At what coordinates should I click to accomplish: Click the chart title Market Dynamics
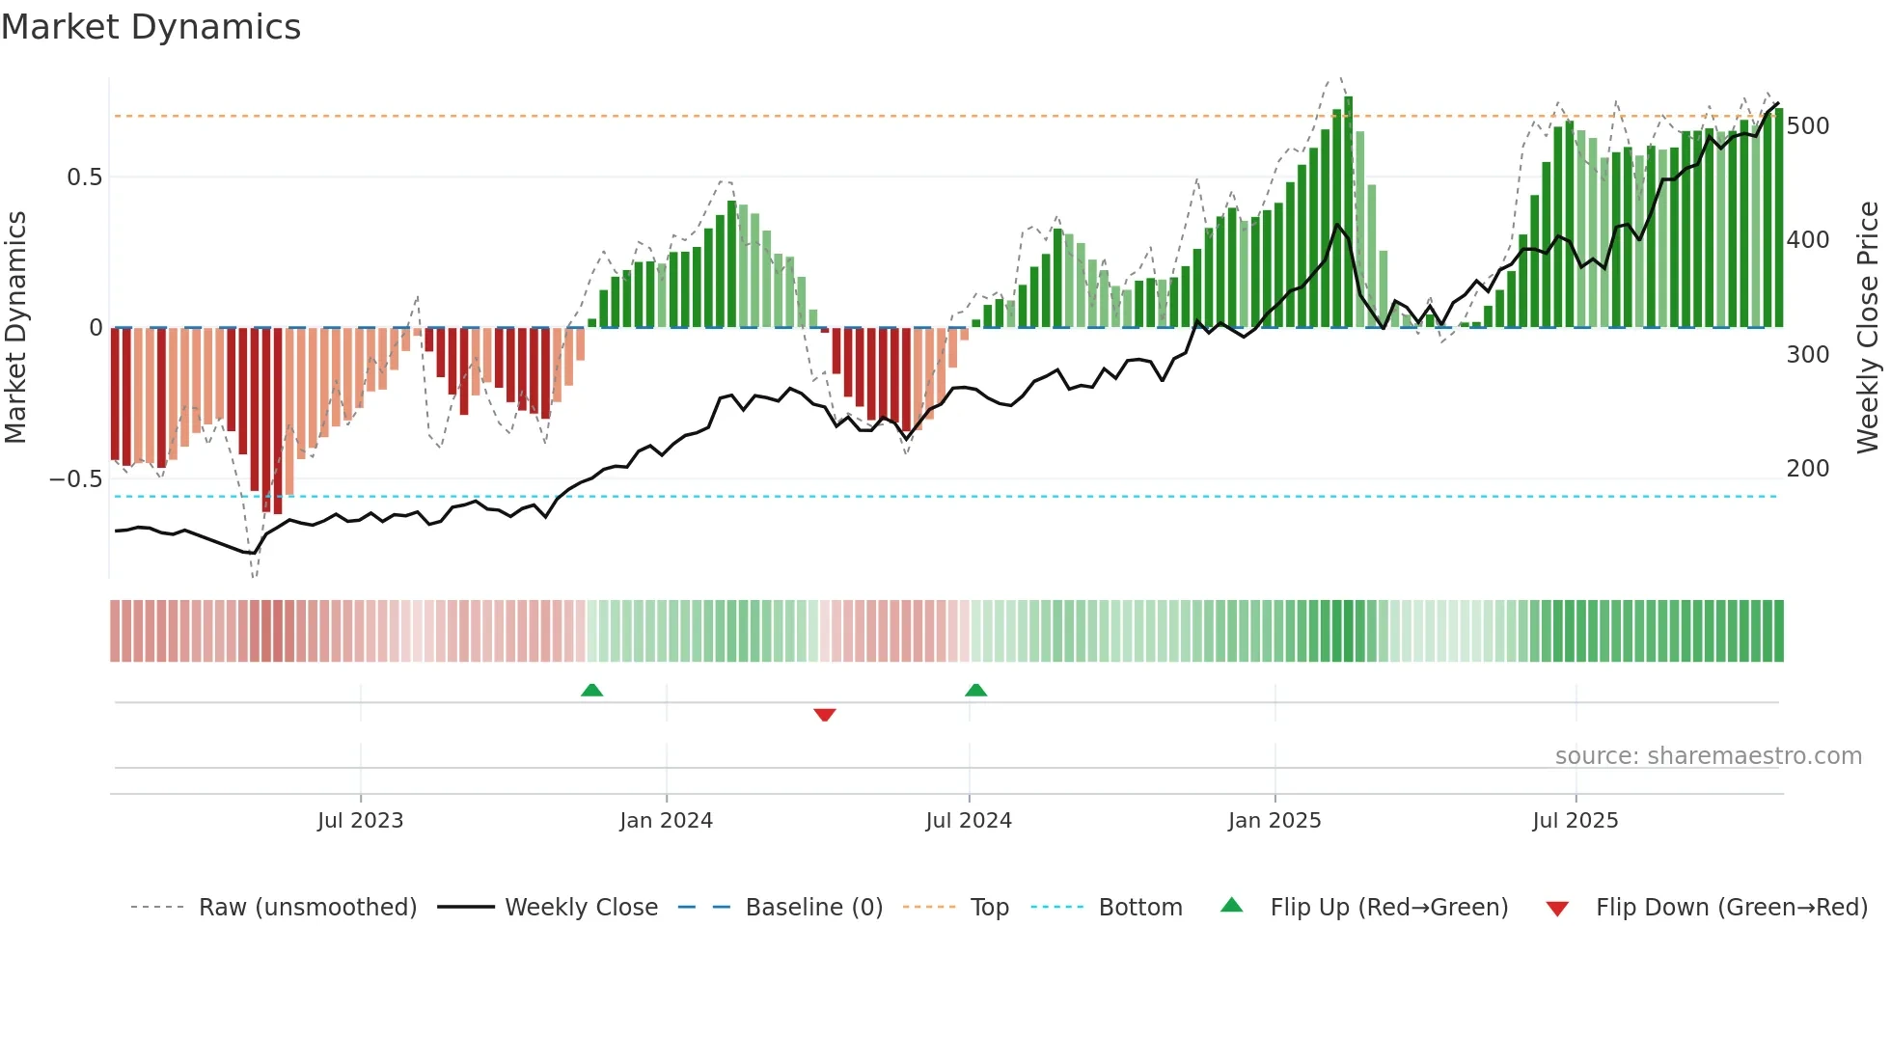[x=151, y=27]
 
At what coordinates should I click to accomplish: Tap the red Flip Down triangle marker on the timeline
[x=824, y=715]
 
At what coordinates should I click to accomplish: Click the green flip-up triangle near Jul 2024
[x=975, y=690]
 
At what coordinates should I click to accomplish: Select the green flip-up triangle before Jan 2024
[x=591, y=690]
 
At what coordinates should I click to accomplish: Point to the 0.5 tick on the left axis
[x=84, y=177]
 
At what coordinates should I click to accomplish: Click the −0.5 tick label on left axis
[x=75, y=479]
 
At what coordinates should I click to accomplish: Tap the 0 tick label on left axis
[x=96, y=328]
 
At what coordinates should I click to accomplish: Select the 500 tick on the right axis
[x=1807, y=126]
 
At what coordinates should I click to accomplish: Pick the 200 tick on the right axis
[x=1807, y=469]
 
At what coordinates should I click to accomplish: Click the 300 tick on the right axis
[x=1807, y=355]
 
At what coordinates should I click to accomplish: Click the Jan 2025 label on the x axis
[x=1274, y=821]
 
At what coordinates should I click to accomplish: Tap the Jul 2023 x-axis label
[x=360, y=821]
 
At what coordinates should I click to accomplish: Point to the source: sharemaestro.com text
[x=1708, y=756]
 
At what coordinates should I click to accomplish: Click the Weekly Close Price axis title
[x=1868, y=328]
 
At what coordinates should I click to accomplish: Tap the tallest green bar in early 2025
[x=1348, y=212]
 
